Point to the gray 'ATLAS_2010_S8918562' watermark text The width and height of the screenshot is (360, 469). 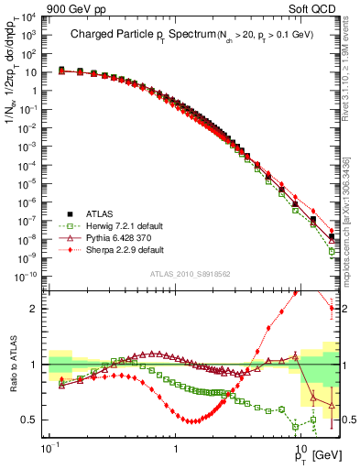pos(190,274)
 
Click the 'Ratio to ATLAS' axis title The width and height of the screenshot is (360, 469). pos(13,363)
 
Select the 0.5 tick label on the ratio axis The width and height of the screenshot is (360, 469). pos(33,420)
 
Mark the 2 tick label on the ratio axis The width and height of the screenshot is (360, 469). pos(37,309)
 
